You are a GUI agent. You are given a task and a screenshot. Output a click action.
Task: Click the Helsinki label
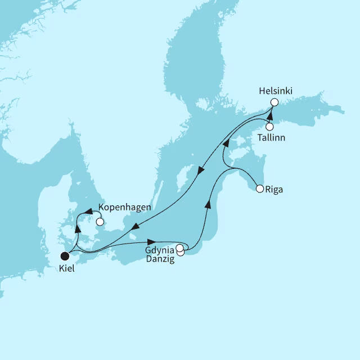[x=276, y=90]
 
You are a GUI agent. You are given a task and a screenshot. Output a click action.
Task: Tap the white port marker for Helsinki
[x=274, y=102]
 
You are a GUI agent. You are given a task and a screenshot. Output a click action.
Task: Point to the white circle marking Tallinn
[x=269, y=127]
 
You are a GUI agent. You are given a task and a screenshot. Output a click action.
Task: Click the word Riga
[x=274, y=190]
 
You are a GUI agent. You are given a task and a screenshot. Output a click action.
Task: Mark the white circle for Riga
[x=259, y=189]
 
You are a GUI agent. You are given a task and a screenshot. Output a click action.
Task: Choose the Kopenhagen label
[x=124, y=207]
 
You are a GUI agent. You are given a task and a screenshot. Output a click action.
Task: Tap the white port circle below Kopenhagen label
[x=100, y=222]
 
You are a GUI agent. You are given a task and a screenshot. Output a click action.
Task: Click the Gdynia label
[x=160, y=249]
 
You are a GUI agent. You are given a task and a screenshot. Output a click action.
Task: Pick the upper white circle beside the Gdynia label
[x=179, y=247]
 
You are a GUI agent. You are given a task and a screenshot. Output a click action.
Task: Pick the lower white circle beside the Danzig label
[x=181, y=253]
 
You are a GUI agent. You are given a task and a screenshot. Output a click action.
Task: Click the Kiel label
[x=66, y=269]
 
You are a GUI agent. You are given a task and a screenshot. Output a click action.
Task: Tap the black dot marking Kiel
[x=66, y=255]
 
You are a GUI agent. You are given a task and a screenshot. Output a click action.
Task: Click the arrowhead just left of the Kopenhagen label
[x=89, y=211]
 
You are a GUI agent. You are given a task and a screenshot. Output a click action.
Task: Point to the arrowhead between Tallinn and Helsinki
[x=269, y=116]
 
